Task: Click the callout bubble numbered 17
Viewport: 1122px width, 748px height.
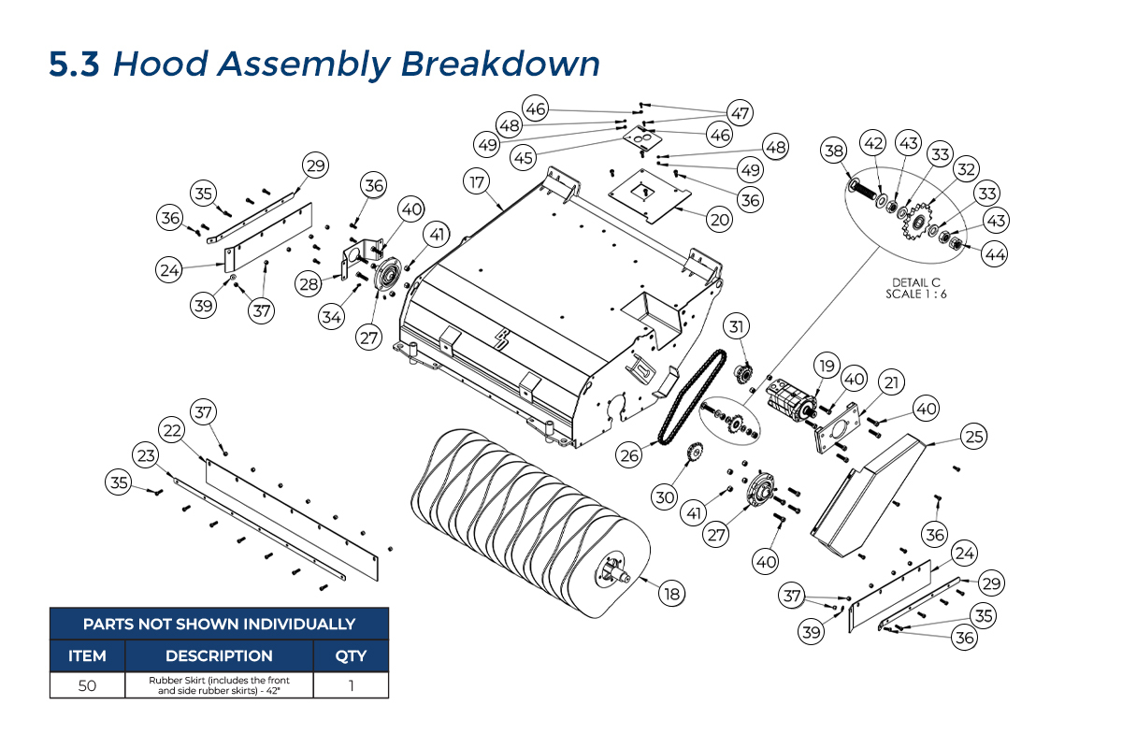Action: [477, 181]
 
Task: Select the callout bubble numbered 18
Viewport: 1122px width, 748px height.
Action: [671, 593]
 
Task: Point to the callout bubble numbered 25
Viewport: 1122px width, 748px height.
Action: [975, 436]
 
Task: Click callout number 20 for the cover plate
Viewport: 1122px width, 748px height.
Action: [719, 220]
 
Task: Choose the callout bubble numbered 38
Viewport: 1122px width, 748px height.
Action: [834, 150]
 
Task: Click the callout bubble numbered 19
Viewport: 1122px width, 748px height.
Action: [825, 365]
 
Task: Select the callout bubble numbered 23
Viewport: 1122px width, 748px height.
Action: [145, 455]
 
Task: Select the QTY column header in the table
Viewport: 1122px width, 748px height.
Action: [351, 655]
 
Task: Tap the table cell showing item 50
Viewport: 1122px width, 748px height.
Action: [87, 685]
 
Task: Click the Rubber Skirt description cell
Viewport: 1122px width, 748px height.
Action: [219, 685]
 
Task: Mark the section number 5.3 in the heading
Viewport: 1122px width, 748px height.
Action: [74, 65]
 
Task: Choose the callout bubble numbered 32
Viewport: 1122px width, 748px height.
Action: [966, 169]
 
